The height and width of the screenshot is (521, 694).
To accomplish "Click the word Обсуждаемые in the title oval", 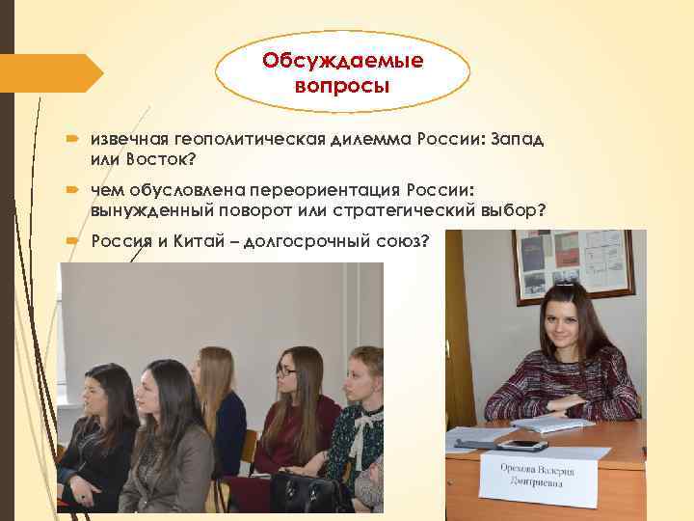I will click(x=343, y=62).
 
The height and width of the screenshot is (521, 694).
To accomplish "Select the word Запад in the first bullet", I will click(x=517, y=139).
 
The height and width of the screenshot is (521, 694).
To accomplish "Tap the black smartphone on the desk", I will click(x=521, y=445).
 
